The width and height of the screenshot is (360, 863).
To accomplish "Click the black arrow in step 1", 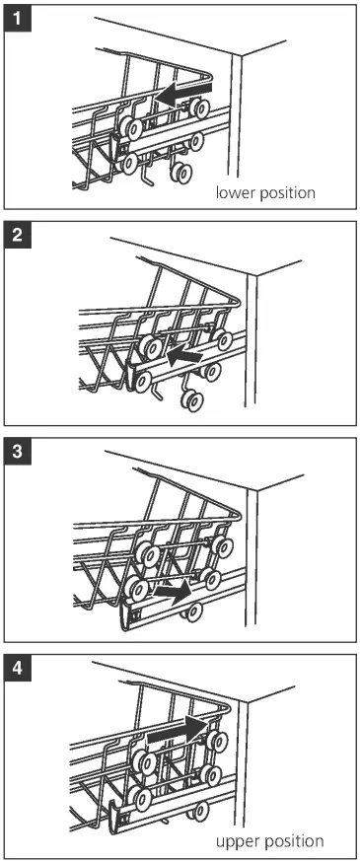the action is [182, 92].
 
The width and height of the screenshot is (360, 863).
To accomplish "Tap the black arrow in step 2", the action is [185, 356].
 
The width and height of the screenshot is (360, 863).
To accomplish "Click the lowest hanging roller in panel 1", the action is [181, 173].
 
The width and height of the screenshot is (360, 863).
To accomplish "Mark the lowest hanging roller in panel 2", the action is [193, 401].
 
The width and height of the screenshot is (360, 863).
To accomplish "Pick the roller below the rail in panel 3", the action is [193, 612].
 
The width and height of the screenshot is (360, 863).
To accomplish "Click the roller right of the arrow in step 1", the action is [198, 108].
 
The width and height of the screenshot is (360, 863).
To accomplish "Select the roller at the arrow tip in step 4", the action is [218, 741].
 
